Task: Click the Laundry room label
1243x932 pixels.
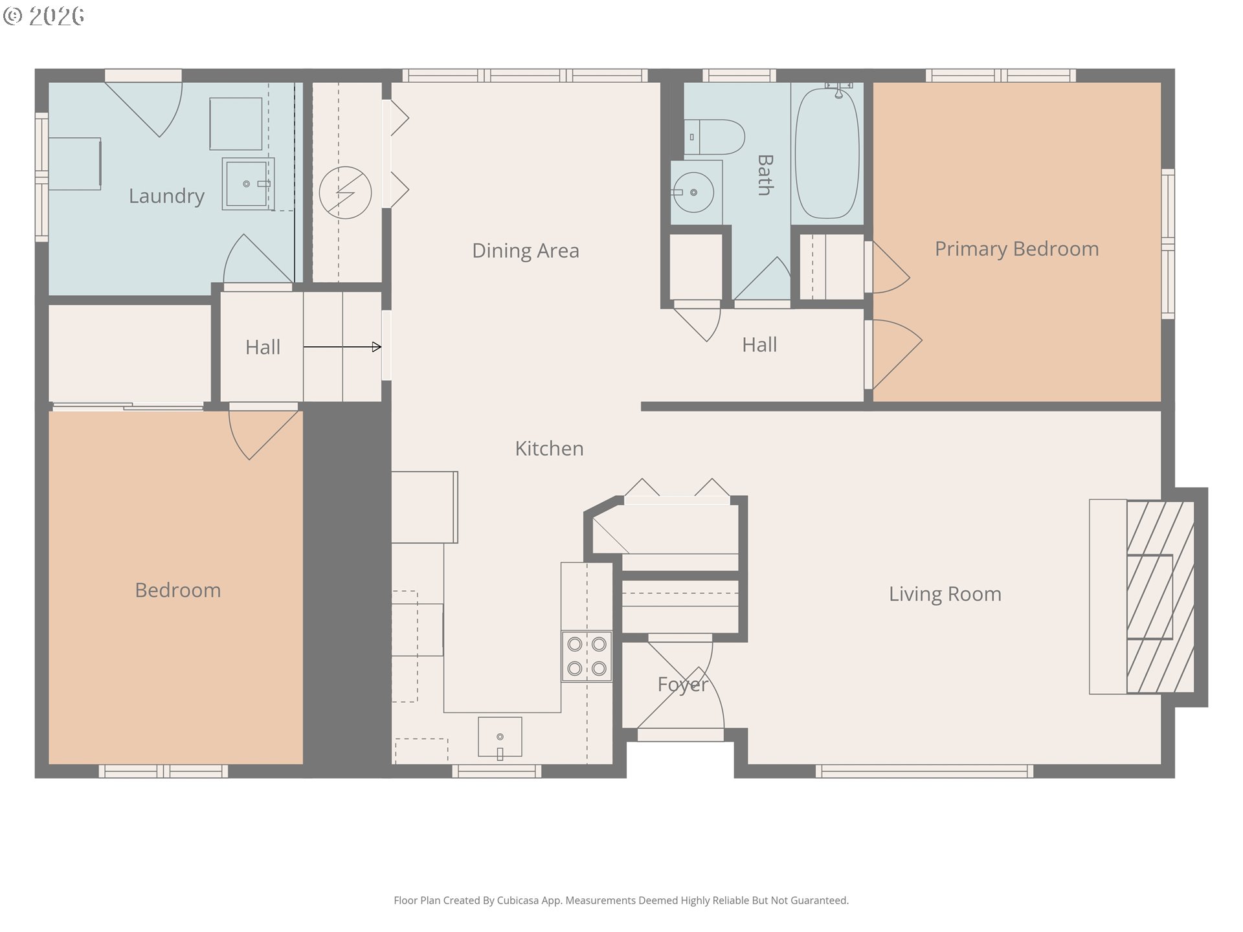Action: (166, 195)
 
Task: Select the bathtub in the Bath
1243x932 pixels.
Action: (827, 153)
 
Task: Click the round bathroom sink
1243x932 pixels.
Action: (693, 192)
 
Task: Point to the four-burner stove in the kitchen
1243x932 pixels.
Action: (587, 656)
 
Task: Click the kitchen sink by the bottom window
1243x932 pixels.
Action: (500, 737)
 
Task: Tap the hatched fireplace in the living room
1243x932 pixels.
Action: (1160, 597)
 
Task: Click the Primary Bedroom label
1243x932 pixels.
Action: (1016, 249)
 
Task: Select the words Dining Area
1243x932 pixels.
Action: (525, 250)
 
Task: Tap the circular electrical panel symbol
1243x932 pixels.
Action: (345, 192)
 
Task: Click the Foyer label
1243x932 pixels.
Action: (682, 684)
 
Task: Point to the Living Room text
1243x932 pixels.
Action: (945, 594)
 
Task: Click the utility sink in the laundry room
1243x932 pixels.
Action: (247, 184)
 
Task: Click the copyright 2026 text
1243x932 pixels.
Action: (44, 16)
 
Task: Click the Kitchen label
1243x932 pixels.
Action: (549, 449)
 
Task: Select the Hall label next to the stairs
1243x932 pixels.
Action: (263, 348)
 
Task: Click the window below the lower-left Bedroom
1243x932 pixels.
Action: (163, 771)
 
